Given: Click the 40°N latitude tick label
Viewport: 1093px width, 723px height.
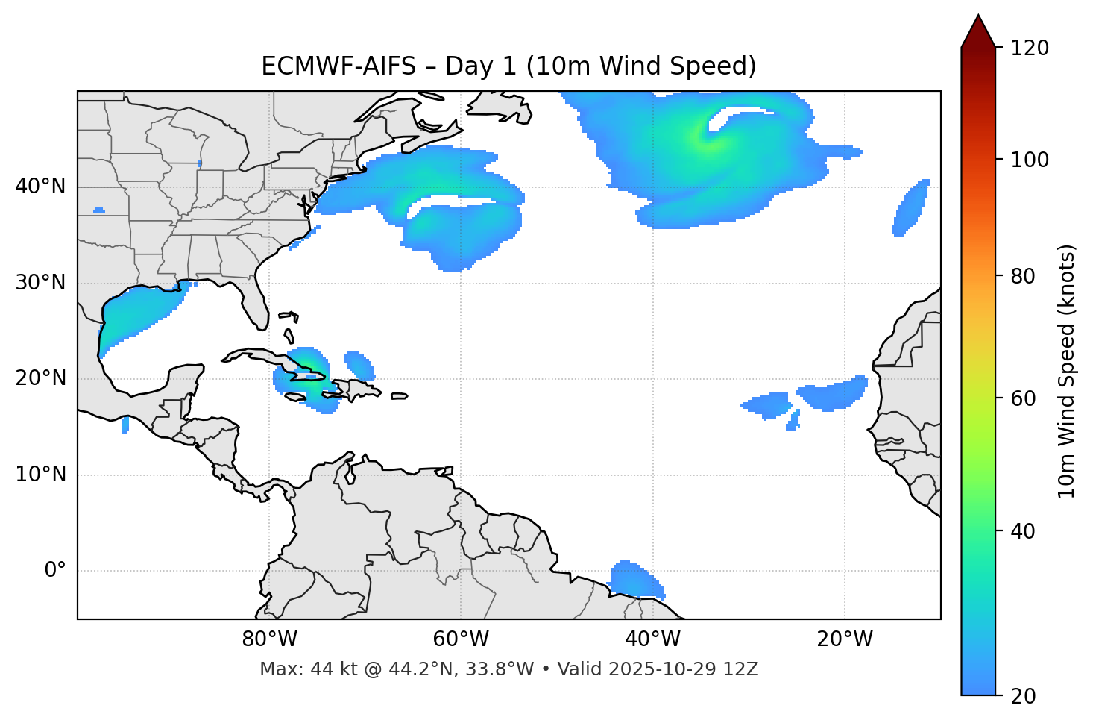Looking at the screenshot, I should [40, 187].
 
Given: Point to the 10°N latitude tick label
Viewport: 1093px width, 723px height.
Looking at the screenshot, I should [40, 475].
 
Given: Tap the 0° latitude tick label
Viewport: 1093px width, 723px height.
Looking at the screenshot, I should [55, 571].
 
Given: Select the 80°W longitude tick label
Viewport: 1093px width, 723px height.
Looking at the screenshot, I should [269, 639].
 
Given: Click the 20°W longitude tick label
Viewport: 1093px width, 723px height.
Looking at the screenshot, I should [845, 639].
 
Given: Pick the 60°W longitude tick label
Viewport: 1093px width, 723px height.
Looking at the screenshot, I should [461, 639].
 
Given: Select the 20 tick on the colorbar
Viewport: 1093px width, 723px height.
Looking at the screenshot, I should [1022, 695].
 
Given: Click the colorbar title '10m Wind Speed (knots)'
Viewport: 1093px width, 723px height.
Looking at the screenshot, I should [1067, 371].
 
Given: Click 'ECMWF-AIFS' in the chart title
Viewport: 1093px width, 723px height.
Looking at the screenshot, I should [338, 66].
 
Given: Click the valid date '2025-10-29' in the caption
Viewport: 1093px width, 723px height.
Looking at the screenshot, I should [658, 669].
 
